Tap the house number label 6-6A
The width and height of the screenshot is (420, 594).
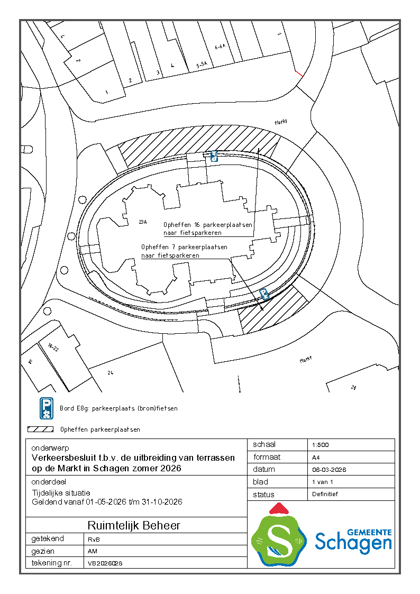[x=220, y=47]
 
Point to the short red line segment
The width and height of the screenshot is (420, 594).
[x=299, y=74]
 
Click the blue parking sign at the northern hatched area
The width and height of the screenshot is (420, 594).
[x=214, y=156]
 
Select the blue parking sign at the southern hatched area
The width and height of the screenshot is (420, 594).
[x=264, y=294]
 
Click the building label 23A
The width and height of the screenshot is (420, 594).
[x=141, y=221]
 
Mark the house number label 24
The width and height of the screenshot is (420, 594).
[x=111, y=373]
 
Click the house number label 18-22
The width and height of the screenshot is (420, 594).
[x=52, y=348]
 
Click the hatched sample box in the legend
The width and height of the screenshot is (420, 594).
[x=41, y=429]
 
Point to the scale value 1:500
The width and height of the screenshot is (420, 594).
[x=321, y=445]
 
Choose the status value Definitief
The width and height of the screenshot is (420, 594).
[x=325, y=494]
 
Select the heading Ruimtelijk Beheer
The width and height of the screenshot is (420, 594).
[x=134, y=525]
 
